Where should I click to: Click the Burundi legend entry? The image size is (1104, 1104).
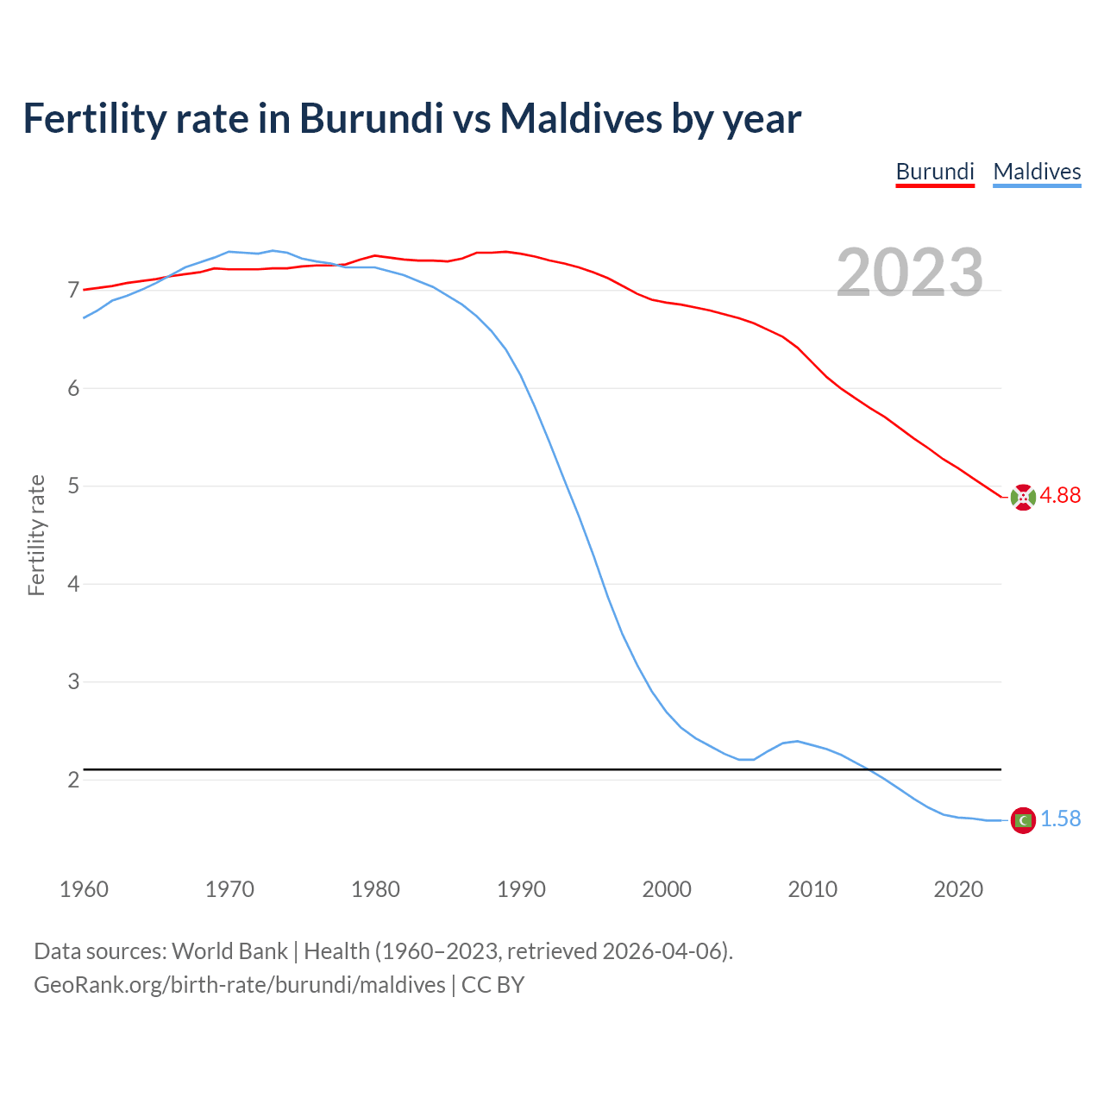935,172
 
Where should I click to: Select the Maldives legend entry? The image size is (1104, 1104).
1037,172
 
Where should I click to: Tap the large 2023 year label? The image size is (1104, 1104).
910,273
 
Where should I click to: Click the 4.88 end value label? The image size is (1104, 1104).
1060,496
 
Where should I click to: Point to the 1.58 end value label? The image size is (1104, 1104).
1060,819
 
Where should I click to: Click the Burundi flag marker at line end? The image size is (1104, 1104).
1023,497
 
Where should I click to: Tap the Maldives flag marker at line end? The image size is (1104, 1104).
1023,820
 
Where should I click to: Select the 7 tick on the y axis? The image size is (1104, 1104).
73,291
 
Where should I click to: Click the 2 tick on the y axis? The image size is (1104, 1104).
73,780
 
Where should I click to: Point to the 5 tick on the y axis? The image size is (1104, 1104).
73,486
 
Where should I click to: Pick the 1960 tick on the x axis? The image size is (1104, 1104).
84,889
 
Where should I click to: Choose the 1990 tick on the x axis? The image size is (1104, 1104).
521,889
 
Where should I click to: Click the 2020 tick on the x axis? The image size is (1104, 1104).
958,889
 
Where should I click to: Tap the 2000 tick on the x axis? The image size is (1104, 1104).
667,889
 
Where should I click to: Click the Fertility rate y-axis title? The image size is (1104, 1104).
36,535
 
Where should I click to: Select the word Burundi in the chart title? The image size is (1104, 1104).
371,118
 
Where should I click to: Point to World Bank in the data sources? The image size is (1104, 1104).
229,951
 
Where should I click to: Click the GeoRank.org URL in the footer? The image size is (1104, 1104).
239,985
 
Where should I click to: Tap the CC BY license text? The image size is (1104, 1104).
492,985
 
